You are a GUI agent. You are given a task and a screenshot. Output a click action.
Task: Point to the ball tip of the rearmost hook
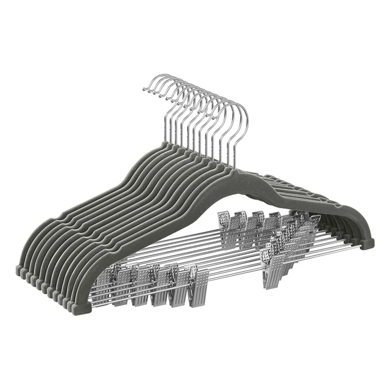[145, 89]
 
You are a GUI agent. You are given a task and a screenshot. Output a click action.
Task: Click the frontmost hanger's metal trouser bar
[240, 273]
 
